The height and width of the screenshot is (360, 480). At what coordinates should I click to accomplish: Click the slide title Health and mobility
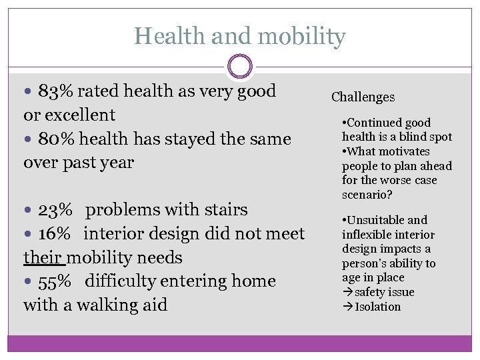[239, 36]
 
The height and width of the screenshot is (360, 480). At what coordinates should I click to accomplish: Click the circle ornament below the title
[240, 67]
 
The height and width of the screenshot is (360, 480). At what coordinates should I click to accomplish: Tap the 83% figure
[52, 91]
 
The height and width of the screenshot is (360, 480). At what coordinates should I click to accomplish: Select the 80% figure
[52, 139]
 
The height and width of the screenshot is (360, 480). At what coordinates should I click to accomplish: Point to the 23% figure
[55, 210]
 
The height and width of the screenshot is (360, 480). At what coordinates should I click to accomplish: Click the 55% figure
[54, 281]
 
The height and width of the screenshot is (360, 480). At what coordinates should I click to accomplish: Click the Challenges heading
[363, 97]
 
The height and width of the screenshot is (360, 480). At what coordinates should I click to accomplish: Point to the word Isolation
[378, 307]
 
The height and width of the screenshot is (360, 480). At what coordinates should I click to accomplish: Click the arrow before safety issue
[347, 293]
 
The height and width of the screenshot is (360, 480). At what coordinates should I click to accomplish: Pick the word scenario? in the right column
[366, 195]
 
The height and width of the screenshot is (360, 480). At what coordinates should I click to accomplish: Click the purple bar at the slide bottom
[239, 343]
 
